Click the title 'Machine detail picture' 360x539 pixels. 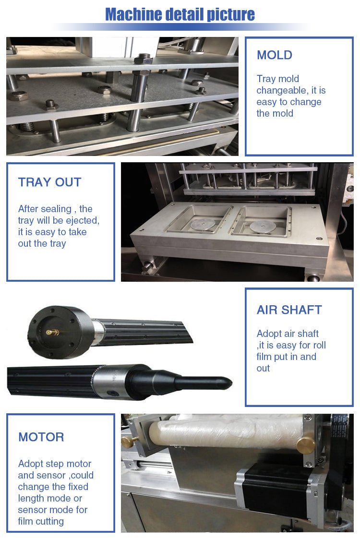(x=180, y=14)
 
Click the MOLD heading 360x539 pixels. (x=274, y=55)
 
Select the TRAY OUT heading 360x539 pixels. (x=49, y=182)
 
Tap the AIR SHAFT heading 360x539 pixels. (x=289, y=310)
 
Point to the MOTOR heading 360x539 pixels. (x=41, y=437)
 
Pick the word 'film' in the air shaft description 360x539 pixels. (x=264, y=357)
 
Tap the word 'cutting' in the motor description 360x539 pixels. (x=48, y=521)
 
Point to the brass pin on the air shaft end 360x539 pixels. (x=50, y=332)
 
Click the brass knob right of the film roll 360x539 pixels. (x=306, y=445)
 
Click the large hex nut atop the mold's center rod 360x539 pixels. (x=143, y=60)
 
